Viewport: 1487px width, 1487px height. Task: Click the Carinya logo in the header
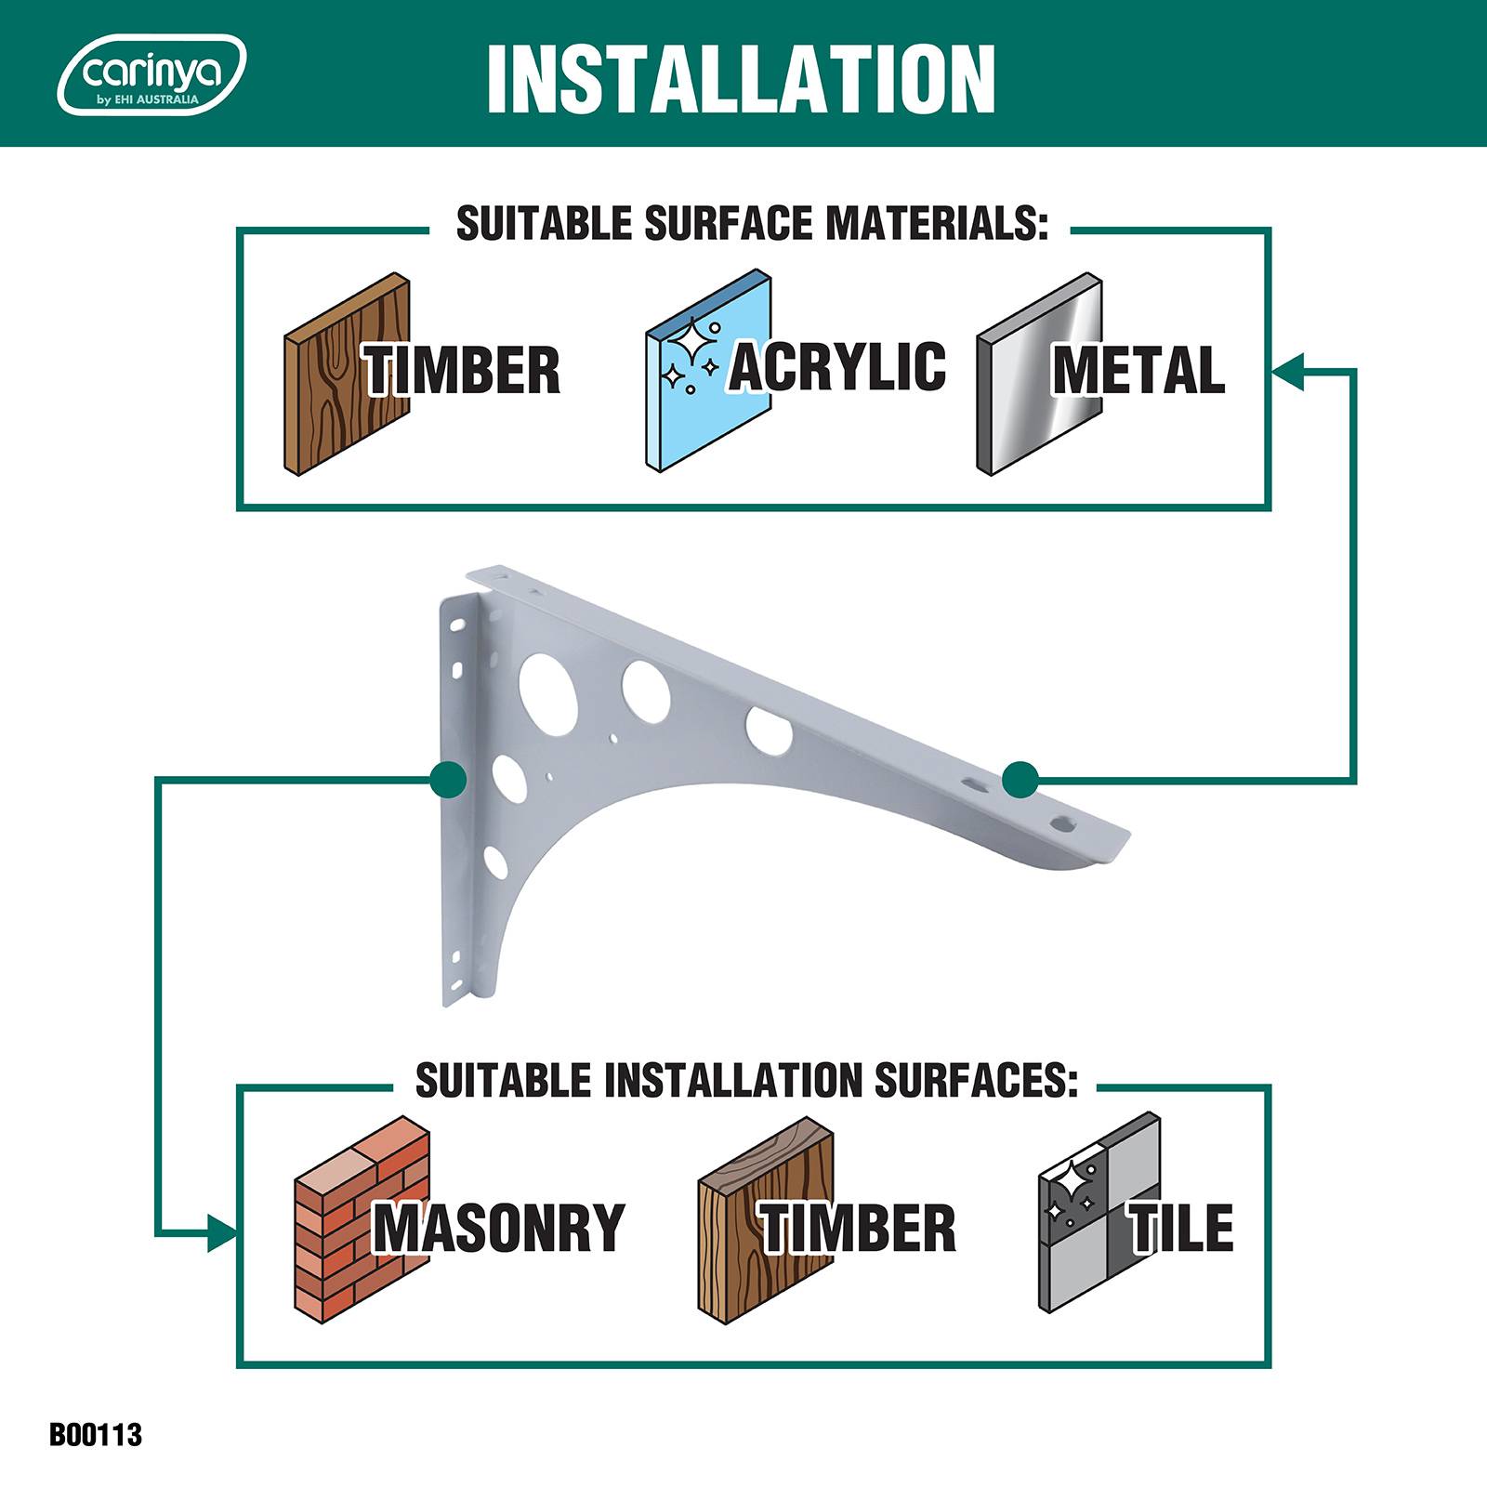[x=152, y=75]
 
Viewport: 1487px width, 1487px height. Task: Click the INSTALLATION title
[x=741, y=78]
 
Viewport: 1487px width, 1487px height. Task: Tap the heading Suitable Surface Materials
[x=752, y=224]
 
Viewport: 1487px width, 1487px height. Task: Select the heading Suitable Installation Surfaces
[x=746, y=1081]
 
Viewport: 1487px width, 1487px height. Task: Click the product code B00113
[x=96, y=1434]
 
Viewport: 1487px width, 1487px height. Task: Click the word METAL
[x=1138, y=370]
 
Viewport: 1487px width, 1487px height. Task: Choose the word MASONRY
[x=499, y=1227]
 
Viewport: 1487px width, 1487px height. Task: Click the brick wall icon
[x=362, y=1218]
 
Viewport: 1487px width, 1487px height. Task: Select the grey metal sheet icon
[x=1040, y=374]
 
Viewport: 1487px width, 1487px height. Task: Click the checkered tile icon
[x=1099, y=1213]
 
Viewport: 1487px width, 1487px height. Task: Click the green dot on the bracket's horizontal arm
[x=1020, y=780]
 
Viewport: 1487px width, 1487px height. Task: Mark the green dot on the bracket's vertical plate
[x=448, y=780]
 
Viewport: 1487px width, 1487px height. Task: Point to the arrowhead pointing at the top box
[x=1289, y=371]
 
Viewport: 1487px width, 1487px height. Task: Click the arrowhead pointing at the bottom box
[x=222, y=1233]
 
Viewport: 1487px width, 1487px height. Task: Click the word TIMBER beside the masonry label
[x=858, y=1227]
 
